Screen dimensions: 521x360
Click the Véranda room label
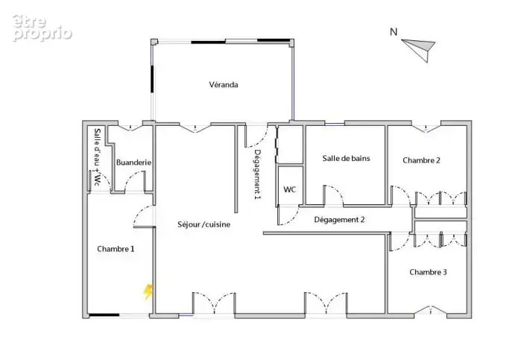(x=224, y=85)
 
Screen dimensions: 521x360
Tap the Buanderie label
(x=133, y=162)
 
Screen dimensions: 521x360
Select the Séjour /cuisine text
(x=203, y=224)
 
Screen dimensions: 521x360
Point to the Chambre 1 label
(x=116, y=249)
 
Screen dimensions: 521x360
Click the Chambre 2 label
(x=421, y=160)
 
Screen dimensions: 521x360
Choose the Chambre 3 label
(x=428, y=272)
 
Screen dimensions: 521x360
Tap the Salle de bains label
(x=346, y=158)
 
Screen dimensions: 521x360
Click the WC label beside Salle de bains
(x=289, y=189)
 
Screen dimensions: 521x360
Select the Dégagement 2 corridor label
(x=339, y=220)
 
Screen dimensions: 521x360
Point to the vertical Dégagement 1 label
(x=257, y=174)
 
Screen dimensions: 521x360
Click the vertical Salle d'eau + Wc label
(x=97, y=157)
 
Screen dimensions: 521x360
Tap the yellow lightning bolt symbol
(x=148, y=291)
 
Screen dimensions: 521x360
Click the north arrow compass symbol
(x=420, y=49)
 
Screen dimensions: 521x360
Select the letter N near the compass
(x=394, y=32)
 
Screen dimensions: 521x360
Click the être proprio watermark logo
(x=42, y=28)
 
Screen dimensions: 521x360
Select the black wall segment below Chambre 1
(x=104, y=315)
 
